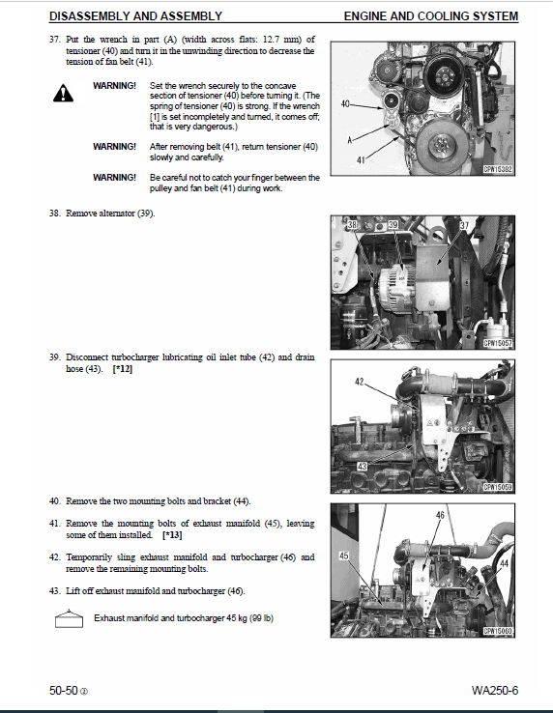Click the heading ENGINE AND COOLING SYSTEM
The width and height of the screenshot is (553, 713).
(x=430, y=16)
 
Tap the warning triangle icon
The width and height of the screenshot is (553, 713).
(x=64, y=93)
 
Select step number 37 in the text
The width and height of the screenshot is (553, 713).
(x=55, y=39)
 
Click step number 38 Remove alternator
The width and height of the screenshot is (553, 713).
(x=55, y=212)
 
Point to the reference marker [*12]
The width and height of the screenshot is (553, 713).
(x=123, y=368)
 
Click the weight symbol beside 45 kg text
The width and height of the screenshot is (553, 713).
(x=68, y=618)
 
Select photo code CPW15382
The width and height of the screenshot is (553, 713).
(x=498, y=168)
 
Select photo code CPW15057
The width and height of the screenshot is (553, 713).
(x=498, y=340)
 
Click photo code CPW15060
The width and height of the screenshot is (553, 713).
(x=498, y=631)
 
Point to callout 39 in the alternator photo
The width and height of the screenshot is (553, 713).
(x=393, y=225)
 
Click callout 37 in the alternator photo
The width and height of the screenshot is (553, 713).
(x=464, y=225)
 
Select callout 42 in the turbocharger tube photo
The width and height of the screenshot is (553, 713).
(x=360, y=383)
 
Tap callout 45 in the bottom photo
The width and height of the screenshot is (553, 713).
(x=343, y=556)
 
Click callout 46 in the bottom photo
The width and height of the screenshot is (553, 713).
(x=440, y=515)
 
